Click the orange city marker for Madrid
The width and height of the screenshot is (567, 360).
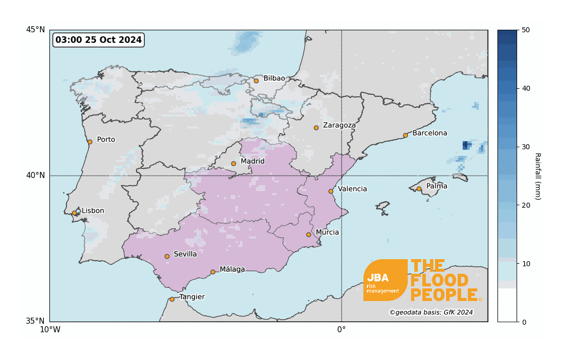[x=233, y=163]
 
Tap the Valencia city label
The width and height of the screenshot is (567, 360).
[x=352, y=189]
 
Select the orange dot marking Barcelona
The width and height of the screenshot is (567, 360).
[x=405, y=135]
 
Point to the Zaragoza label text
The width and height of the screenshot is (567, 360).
[x=339, y=125]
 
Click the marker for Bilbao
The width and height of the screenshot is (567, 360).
[x=256, y=81]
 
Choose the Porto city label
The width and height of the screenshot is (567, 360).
[x=106, y=140]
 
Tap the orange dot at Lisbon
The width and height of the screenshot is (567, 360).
[x=75, y=213]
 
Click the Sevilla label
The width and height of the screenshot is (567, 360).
[x=185, y=254]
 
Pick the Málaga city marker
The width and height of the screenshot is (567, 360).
[x=213, y=272]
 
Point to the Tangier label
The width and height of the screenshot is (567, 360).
[x=192, y=297]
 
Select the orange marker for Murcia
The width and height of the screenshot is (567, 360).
[x=308, y=234]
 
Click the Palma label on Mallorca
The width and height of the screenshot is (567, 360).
[x=436, y=187]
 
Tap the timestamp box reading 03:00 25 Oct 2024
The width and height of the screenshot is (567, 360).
[x=98, y=40]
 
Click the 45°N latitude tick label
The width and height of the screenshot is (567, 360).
[x=35, y=30]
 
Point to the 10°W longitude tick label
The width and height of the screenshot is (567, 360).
[x=50, y=330]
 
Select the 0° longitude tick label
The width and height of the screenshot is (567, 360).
[x=341, y=330]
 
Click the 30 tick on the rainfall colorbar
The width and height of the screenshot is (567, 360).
[x=526, y=147]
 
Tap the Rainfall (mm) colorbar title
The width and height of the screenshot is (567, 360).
[x=537, y=176]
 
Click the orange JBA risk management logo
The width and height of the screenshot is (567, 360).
[x=385, y=280]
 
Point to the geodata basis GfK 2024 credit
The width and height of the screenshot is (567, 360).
[x=431, y=313]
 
